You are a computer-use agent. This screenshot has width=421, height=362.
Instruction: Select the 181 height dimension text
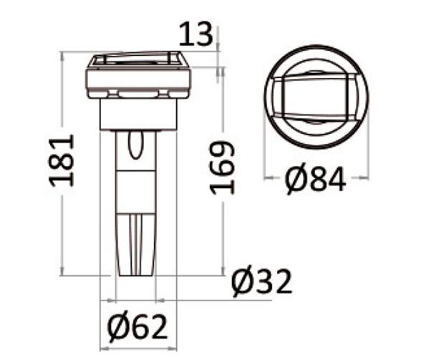(x=63, y=159)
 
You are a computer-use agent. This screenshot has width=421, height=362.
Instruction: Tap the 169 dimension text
(x=223, y=167)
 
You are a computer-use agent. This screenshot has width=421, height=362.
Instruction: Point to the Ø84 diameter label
(x=316, y=180)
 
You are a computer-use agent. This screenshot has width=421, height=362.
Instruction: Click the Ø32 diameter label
(x=262, y=283)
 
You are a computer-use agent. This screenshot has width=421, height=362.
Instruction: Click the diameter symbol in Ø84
(x=296, y=180)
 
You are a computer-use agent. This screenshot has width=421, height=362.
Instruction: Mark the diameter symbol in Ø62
(x=117, y=328)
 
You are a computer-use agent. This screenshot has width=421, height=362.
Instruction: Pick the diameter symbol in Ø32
(x=242, y=283)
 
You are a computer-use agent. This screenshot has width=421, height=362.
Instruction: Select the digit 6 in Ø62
(x=140, y=328)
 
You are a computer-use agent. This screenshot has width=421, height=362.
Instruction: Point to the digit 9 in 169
(x=223, y=151)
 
